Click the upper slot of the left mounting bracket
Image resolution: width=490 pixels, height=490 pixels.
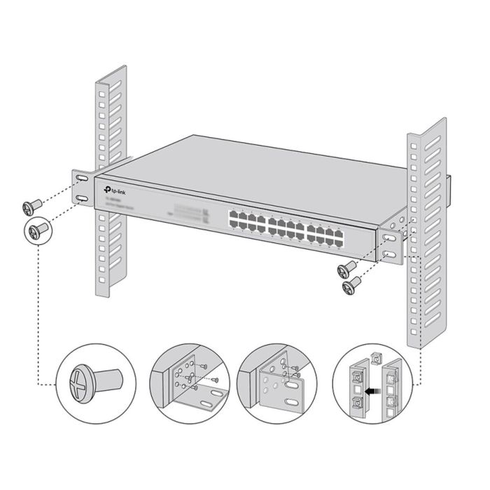coord(82,181)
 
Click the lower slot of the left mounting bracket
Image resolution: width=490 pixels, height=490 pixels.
coord(83,201)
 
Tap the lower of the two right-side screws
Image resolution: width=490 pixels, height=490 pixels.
coord(349,284)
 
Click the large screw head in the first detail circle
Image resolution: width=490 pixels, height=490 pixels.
coord(78,384)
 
